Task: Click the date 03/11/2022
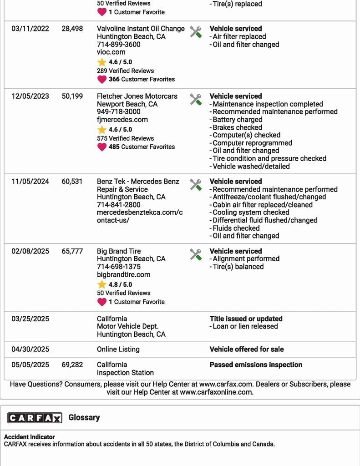point(30,29)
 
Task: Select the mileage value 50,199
point(72,96)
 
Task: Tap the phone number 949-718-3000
point(118,112)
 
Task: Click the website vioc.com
point(111,52)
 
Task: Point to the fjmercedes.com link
point(122,120)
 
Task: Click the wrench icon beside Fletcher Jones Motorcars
point(196,100)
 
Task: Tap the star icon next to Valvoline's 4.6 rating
point(102,62)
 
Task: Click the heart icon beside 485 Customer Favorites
point(102,147)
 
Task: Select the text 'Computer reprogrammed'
point(252,143)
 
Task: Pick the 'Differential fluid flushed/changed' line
point(265,220)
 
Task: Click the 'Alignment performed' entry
point(246,259)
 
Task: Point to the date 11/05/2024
point(30,182)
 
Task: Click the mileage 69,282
point(72,365)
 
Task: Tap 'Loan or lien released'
point(245,326)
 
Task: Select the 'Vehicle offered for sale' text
point(246,349)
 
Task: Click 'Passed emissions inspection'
point(256,365)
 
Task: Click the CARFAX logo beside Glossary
point(35,418)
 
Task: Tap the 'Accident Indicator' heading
point(30,437)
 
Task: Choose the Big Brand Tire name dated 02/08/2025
point(119,251)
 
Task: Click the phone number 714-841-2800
point(118,205)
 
